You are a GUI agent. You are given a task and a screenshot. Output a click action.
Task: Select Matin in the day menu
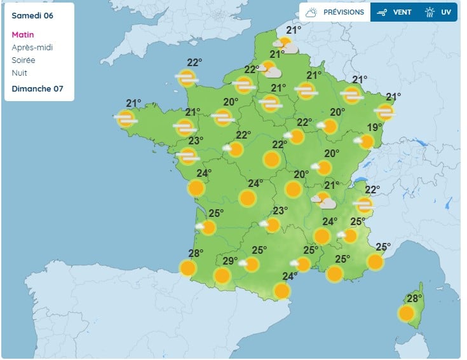(23, 34)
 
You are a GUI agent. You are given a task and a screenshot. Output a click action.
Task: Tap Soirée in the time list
(24, 60)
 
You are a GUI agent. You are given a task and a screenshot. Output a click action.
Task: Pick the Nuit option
(20, 73)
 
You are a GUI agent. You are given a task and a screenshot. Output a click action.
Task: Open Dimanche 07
(37, 88)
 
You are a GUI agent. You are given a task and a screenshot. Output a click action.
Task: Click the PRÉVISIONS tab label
(344, 12)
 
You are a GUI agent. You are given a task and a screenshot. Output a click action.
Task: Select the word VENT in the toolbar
(402, 12)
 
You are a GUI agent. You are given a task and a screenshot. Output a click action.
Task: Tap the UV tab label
(446, 12)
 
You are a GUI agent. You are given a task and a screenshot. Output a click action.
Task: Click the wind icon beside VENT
(382, 12)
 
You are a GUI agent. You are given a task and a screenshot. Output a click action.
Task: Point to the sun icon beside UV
(430, 12)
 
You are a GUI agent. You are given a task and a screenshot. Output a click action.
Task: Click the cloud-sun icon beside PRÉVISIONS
(311, 12)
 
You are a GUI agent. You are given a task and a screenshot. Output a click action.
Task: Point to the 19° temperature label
(374, 128)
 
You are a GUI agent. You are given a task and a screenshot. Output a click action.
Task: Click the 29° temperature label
(229, 261)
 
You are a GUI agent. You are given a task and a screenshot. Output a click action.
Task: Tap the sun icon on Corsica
(406, 313)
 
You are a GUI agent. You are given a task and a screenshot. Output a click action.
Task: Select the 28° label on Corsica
(414, 299)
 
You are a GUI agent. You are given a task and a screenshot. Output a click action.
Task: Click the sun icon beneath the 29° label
(222, 275)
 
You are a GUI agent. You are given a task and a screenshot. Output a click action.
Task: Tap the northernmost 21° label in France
(293, 30)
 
